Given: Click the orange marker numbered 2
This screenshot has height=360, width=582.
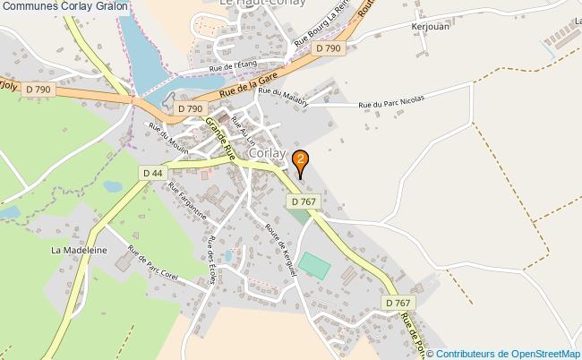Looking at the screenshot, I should point(302,160).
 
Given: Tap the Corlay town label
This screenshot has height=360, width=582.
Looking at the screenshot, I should point(269,153).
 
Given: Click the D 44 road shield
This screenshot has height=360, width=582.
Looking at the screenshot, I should point(153,172).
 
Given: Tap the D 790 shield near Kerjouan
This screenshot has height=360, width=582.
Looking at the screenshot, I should point(330,47).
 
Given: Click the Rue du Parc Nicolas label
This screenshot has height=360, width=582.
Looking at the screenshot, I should point(389,103).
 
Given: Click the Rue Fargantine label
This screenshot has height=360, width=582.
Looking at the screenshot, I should point(188,201).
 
